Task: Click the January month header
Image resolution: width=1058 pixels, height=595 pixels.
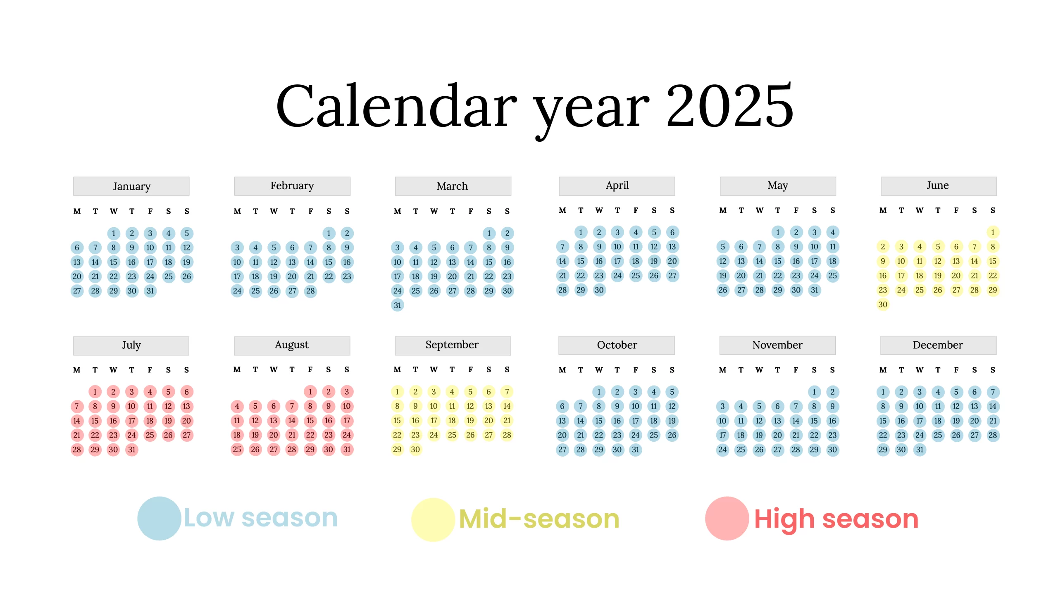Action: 131,186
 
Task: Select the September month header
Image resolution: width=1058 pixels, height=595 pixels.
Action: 453,345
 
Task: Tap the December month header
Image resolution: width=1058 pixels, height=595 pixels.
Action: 938,345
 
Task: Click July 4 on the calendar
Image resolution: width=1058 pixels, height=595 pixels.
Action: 150,392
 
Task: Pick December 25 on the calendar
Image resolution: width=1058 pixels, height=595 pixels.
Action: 938,435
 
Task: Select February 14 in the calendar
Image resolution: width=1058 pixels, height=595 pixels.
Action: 310,262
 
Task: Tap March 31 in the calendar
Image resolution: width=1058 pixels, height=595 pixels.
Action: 398,305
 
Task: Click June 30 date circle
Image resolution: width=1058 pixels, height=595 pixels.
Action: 883,305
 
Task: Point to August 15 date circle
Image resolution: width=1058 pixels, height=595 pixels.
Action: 310,421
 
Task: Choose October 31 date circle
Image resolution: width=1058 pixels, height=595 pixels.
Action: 636,450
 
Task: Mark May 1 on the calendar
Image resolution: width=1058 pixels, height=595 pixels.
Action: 778,232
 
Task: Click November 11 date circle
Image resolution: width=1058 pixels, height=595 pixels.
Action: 741,421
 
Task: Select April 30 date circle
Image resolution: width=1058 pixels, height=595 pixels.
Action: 599,290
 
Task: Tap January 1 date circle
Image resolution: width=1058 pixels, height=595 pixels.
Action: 114,233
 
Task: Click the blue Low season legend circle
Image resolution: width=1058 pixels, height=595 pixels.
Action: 159,518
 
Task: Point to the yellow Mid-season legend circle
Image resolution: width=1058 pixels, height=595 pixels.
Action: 433,519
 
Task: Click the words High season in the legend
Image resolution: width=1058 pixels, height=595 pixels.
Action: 836,519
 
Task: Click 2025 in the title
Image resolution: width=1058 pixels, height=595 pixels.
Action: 729,105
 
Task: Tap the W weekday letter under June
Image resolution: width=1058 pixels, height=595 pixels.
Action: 920,210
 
